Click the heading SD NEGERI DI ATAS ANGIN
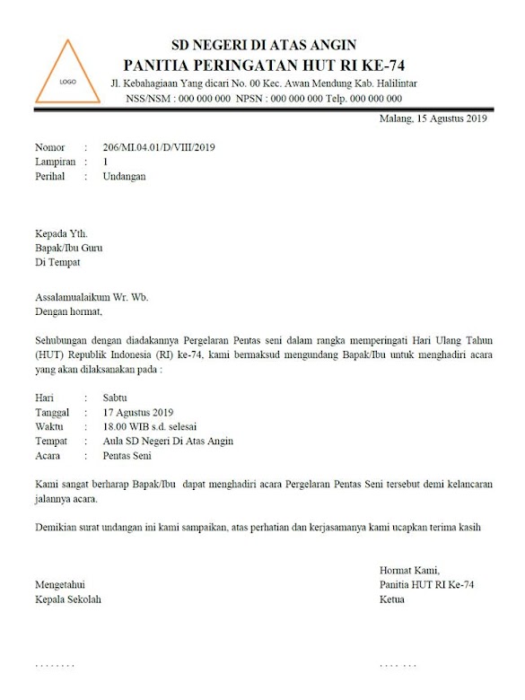tap(265, 45)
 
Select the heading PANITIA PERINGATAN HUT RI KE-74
tap(265, 65)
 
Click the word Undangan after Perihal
tap(125, 176)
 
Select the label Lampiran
tap(56, 162)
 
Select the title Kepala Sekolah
tap(68, 599)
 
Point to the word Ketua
tap(392, 599)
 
